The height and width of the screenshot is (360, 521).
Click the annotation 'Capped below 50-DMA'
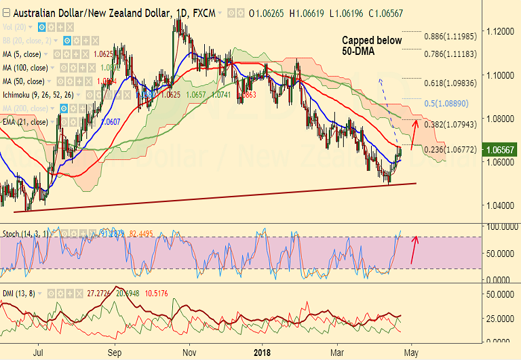(372, 45)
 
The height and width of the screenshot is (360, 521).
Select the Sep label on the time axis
(115, 352)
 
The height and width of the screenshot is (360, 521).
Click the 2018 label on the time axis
(261, 352)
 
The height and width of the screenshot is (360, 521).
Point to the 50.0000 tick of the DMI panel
(498, 295)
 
